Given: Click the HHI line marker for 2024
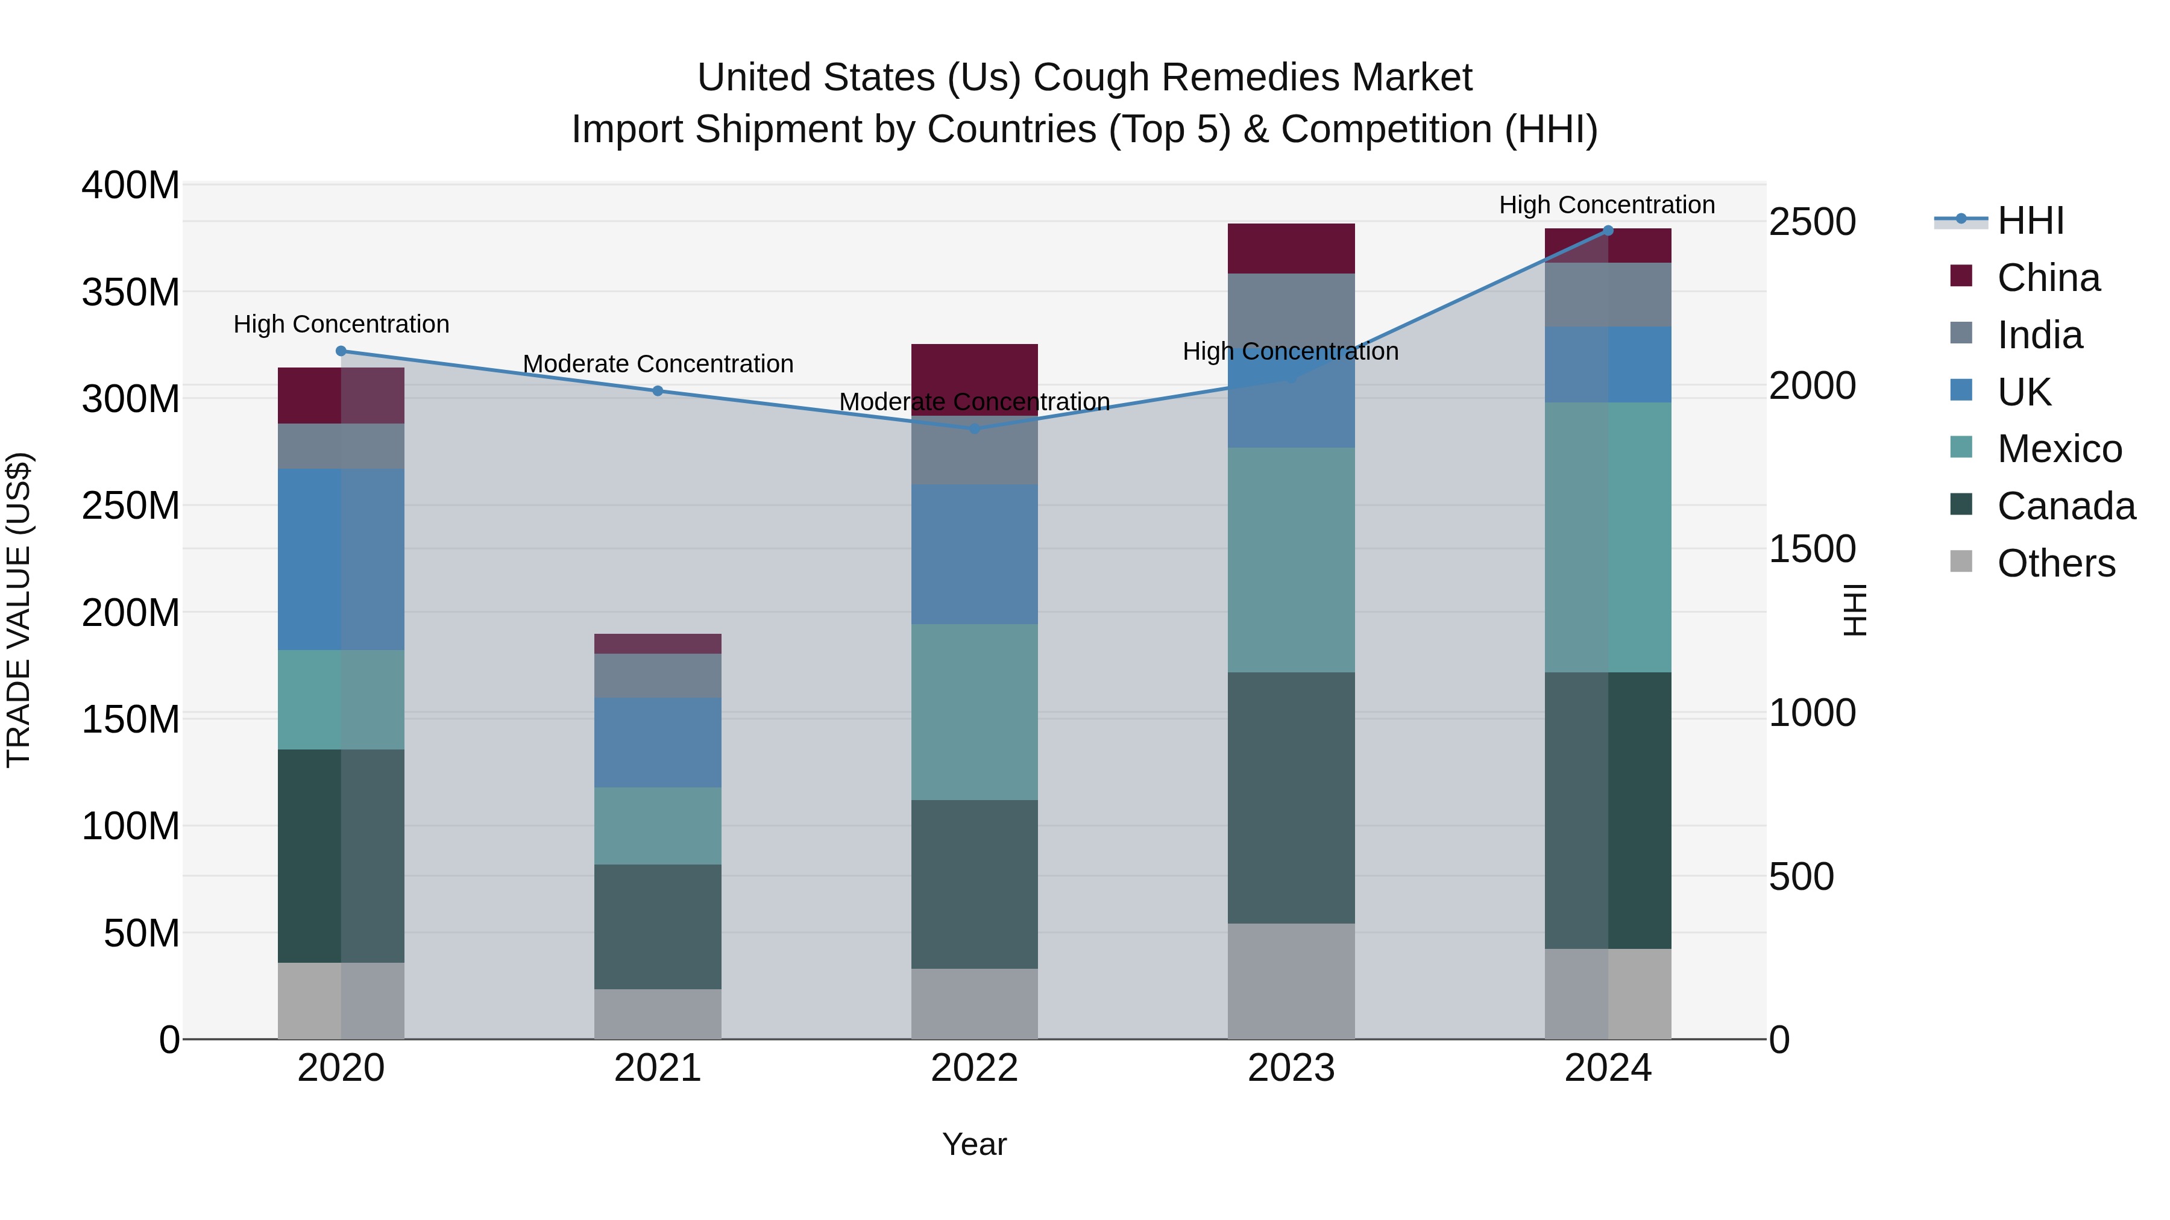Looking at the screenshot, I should [x=1607, y=230].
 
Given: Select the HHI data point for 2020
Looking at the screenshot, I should [x=341, y=351].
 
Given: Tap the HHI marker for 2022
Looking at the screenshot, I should [x=975, y=428].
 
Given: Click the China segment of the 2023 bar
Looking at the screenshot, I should [x=1291, y=248].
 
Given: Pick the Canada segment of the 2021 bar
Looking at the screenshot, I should [x=658, y=926].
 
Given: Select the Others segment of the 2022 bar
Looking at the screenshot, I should [x=975, y=1004].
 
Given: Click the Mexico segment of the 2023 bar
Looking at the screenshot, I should [x=1291, y=560].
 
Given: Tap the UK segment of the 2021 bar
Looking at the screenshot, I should [x=658, y=742].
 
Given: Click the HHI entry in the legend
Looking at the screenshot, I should [x=2030, y=221].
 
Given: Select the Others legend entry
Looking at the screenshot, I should [x=2055, y=563].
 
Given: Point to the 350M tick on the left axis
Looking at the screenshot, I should [x=131, y=292].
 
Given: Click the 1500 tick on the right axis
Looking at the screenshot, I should [x=1811, y=549].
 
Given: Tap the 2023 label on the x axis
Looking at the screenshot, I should [x=1291, y=1068].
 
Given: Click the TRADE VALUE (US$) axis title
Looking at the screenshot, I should [x=19, y=610].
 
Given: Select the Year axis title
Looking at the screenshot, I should [x=975, y=1144].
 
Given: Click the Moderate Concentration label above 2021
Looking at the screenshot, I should [x=658, y=364].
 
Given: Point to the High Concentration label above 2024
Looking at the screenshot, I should [x=1606, y=205].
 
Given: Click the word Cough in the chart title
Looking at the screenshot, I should [x=1090, y=78].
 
